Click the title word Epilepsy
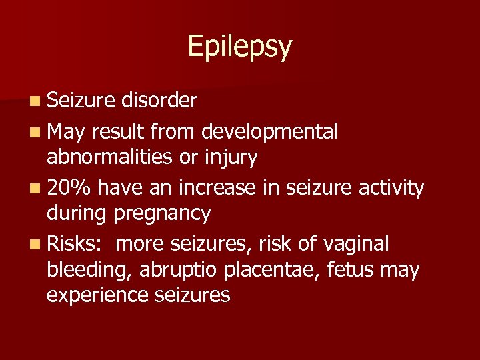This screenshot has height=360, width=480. (239, 47)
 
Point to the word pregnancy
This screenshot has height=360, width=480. (163, 214)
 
